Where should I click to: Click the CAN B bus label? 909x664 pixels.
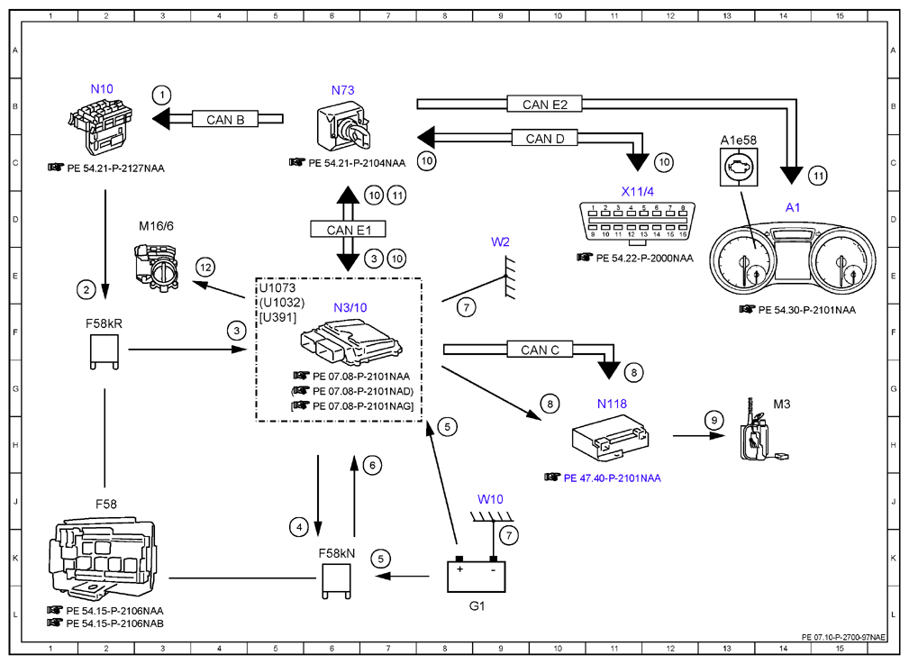pos(225,120)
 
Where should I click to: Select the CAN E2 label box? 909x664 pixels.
pos(544,105)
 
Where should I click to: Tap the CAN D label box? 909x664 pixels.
pos(544,139)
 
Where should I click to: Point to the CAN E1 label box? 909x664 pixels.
pos(348,230)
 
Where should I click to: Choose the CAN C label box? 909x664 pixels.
pos(540,350)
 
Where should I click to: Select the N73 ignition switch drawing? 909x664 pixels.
pos(342,126)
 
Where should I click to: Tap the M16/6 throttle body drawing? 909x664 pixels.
pos(157,265)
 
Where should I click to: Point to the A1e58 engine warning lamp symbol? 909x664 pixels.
pos(739,168)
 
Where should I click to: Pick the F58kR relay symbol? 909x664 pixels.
pos(105,352)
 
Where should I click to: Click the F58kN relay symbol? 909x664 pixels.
pos(336,580)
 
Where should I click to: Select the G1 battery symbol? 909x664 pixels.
pos(476,575)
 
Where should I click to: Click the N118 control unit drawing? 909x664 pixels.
pos(609,437)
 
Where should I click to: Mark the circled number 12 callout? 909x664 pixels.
pos(205,268)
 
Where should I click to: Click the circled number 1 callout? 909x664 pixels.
pos(162,95)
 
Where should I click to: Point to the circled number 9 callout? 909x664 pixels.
pos(714,421)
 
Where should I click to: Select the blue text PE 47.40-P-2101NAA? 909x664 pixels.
pos(613,478)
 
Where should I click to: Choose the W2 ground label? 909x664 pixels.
pos(500,241)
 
